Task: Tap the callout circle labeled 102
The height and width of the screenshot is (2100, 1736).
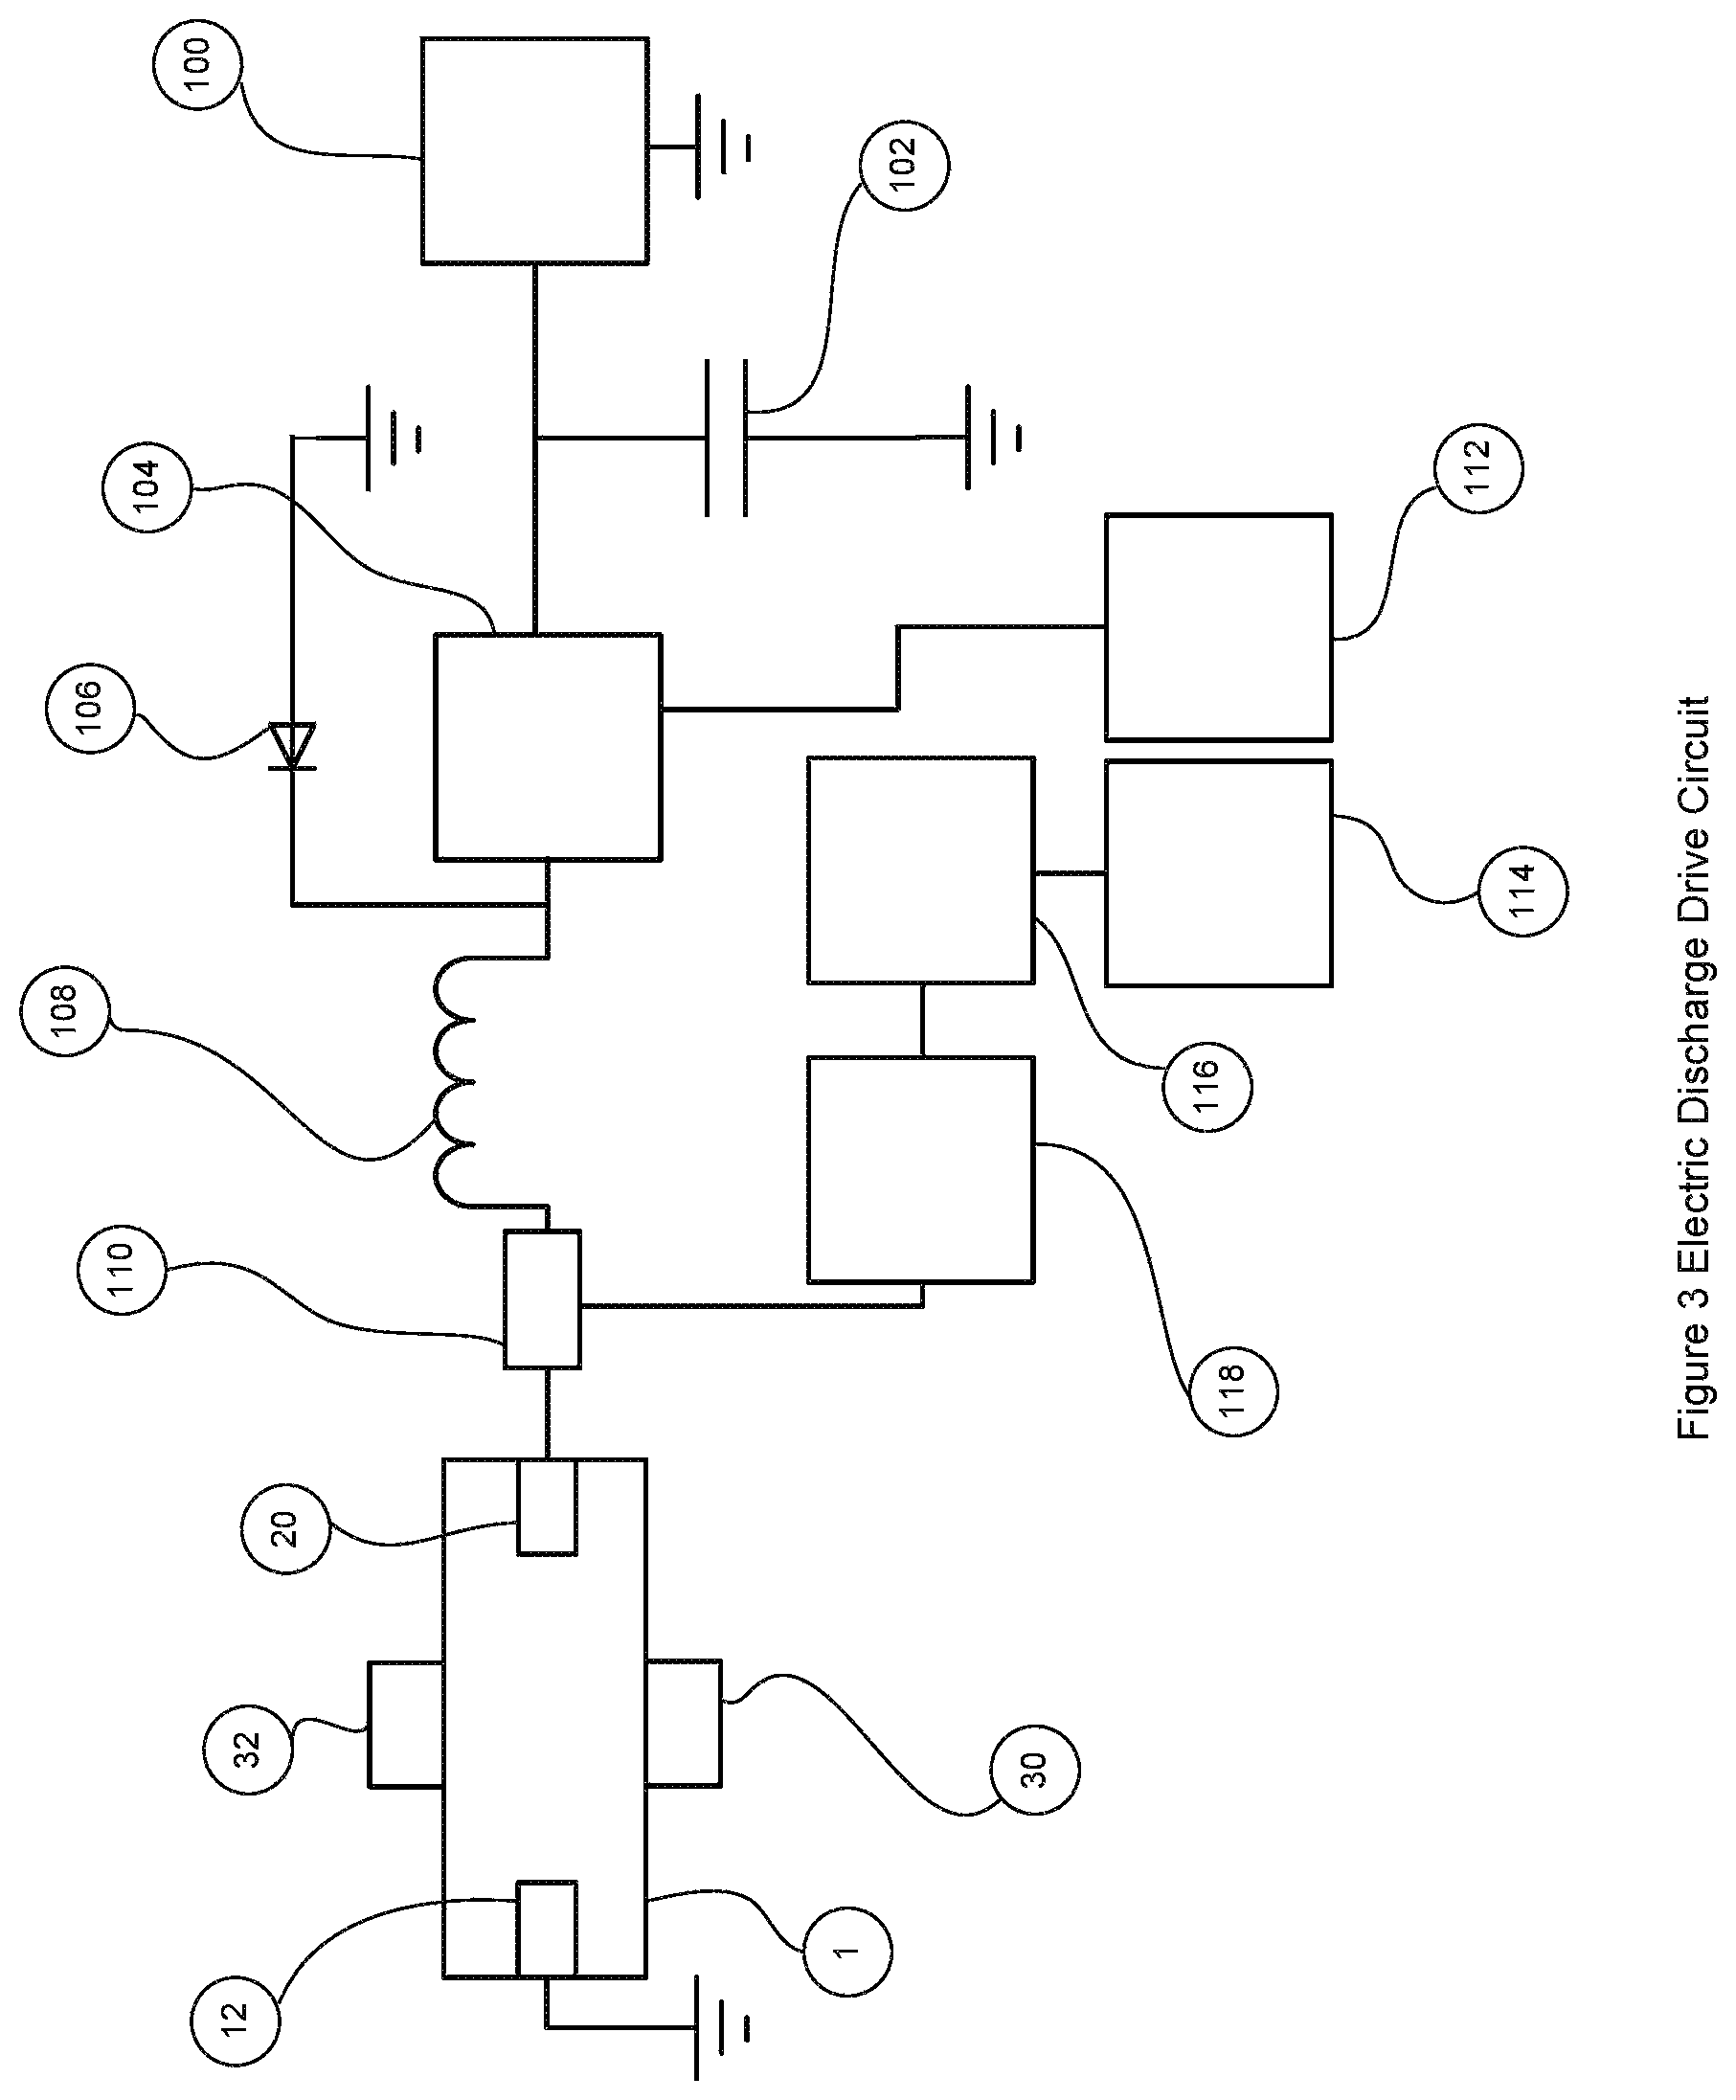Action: point(904,165)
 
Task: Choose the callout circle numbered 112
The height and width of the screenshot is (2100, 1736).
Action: point(1478,468)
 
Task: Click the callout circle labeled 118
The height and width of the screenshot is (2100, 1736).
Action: point(1232,1392)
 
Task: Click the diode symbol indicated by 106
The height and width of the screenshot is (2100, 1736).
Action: point(292,746)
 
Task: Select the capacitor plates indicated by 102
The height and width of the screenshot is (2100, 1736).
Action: point(726,438)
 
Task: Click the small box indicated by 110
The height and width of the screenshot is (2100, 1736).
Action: point(542,1299)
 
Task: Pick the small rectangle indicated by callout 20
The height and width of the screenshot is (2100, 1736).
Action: point(547,1507)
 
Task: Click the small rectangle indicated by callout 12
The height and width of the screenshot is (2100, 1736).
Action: point(546,1929)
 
